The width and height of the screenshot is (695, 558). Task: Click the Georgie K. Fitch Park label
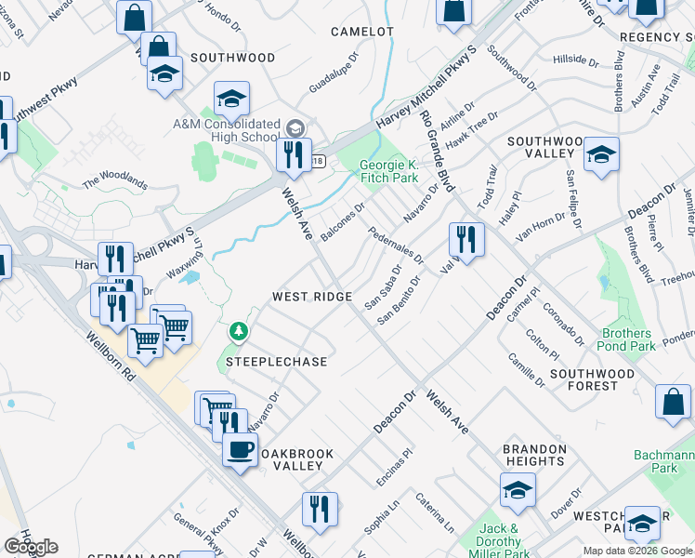pos(389,172)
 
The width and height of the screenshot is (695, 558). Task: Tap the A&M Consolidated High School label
pos(226,130)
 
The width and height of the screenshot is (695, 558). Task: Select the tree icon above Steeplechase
pos(240,331)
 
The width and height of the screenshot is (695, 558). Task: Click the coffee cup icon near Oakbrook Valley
pos(240,451)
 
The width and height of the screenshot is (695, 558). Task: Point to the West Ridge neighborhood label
pos(311,297)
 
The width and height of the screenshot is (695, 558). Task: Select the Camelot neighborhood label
pos(362,32)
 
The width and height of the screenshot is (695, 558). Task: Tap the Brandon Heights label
pos(534,455)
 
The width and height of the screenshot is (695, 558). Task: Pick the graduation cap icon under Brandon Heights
pos(518,489)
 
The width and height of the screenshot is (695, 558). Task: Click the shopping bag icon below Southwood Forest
pos(673,403)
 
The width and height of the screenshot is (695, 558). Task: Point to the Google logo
pos(32,546)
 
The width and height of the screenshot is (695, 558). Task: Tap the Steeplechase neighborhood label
pos(277,361)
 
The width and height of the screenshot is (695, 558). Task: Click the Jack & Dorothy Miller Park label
pos(504,541)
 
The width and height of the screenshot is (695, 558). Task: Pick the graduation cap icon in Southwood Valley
pos(601,154)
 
